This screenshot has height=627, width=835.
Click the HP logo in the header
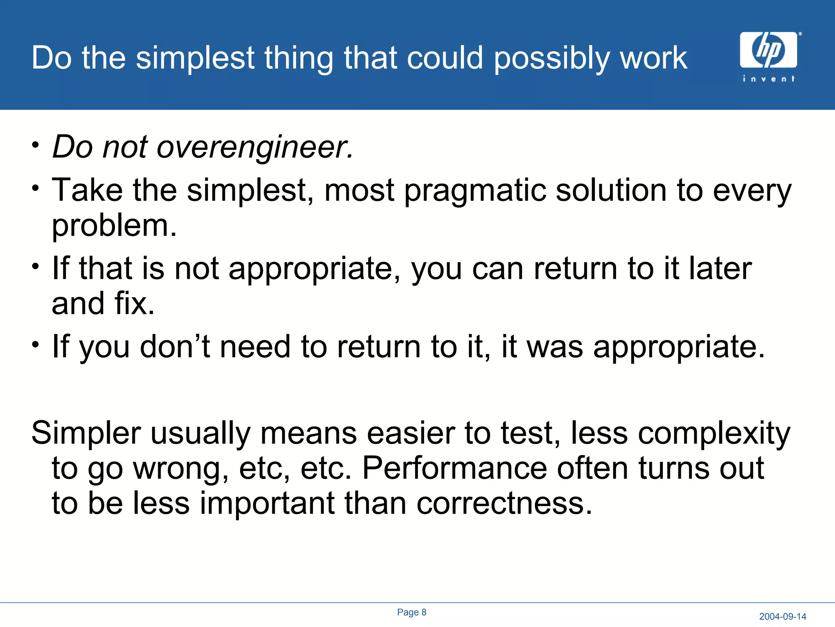tap(768, 50)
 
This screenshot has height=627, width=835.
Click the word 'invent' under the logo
tap(768, 78)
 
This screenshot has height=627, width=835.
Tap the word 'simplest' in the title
tap(195, 58)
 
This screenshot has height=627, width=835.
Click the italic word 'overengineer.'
tap(255, 147)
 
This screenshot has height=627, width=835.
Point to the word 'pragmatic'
tap(475, 190)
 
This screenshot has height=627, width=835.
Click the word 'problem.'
tap(114, 225)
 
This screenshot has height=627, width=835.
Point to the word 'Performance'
tap(454, 468)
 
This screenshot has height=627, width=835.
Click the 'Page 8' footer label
tap(411, 612)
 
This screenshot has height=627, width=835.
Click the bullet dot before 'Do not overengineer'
tap(36, 145)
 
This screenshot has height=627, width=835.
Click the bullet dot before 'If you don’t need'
tap(36, 344)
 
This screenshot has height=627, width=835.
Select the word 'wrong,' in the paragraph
tap(181, 468)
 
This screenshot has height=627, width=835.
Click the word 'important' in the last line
tap(267, 503)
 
